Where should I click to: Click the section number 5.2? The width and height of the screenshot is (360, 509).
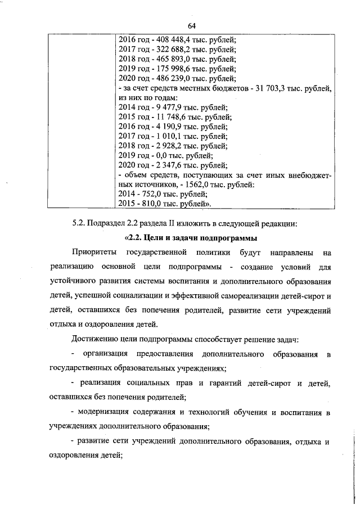pos(79,223)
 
